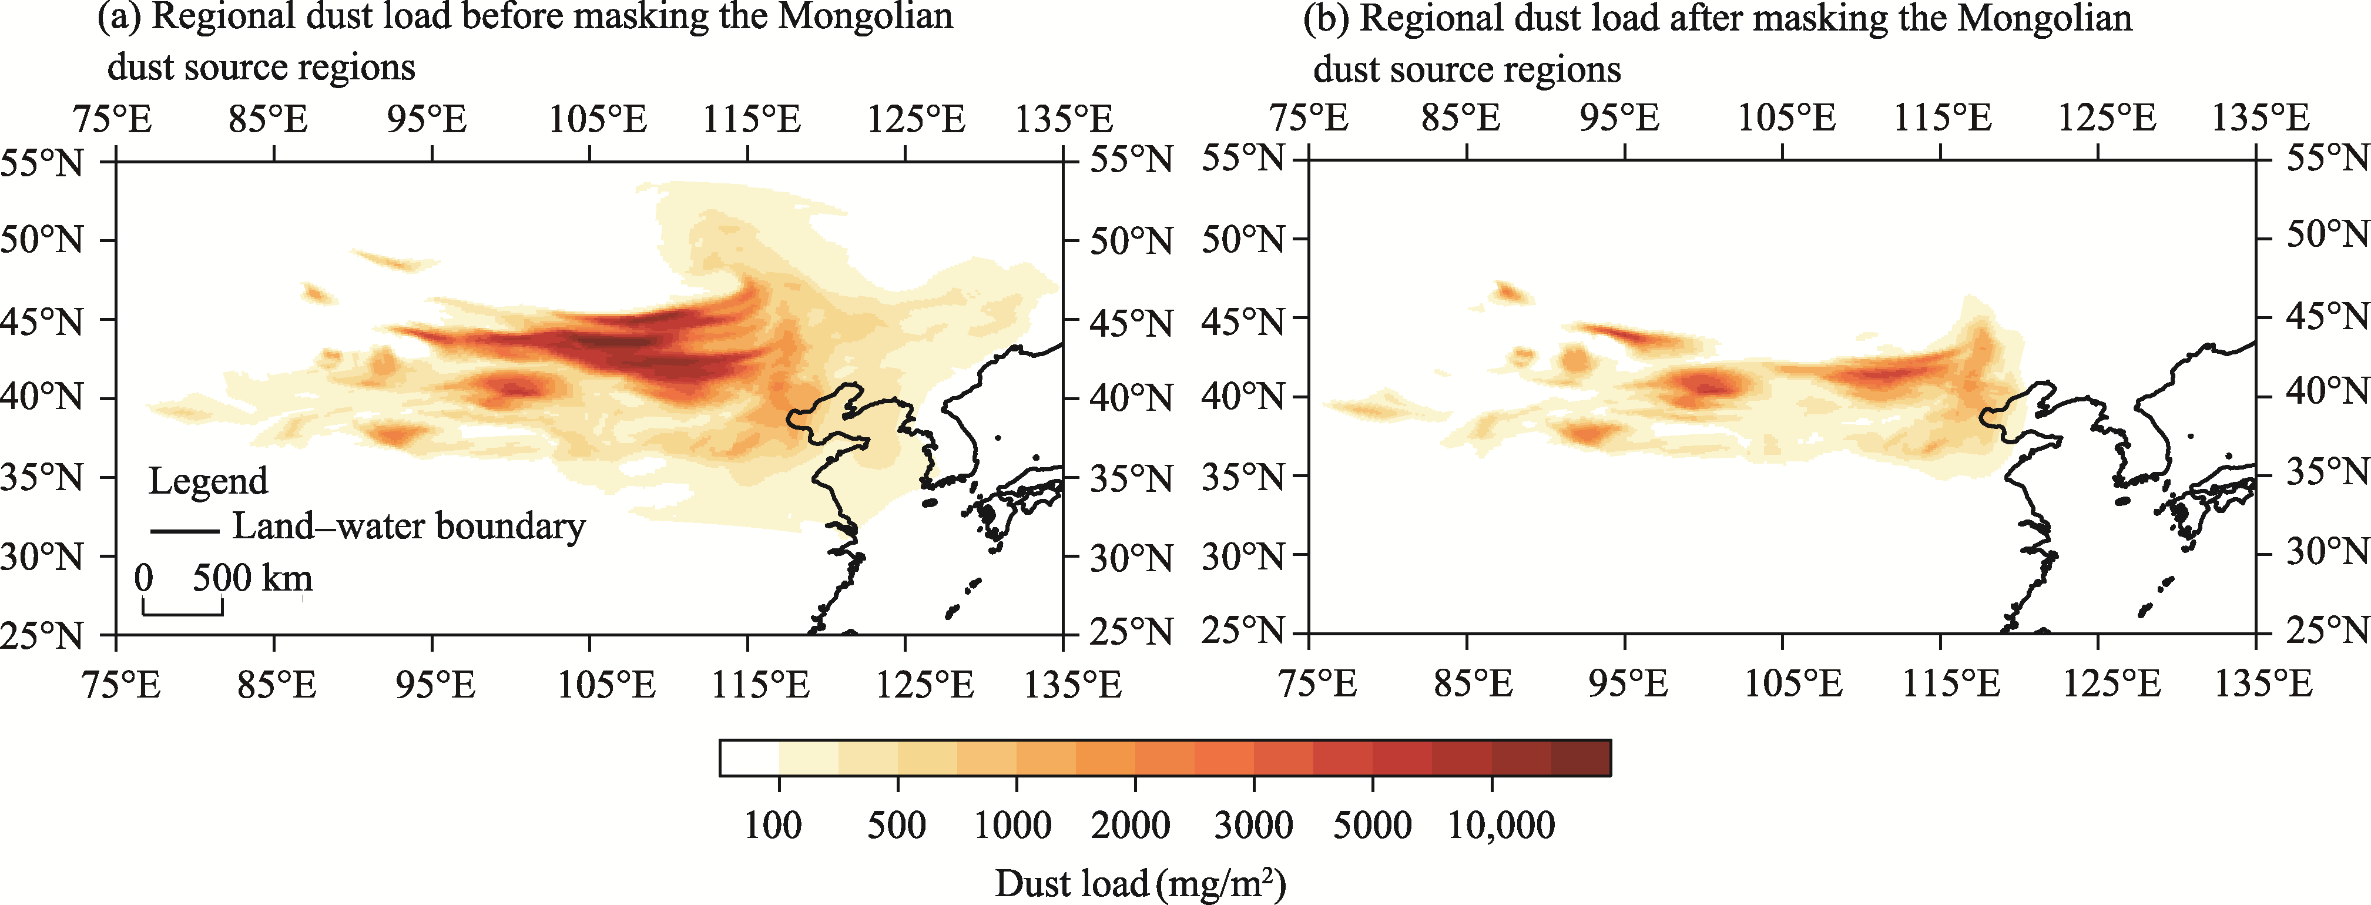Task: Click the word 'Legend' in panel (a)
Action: coord(208,481)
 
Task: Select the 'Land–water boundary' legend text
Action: coord(408,527)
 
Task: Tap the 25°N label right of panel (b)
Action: coord(2327,631)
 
